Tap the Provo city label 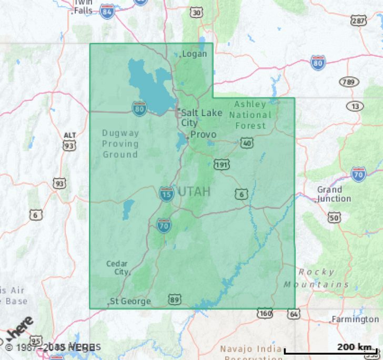203,135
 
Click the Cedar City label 117,268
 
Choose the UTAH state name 194,192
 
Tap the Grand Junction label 334,194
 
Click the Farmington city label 356,320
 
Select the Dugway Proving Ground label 120,144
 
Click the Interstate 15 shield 166,193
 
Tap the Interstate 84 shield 107,11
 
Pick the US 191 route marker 221,165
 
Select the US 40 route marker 246,142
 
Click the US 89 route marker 175,300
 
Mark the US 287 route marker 359,21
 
